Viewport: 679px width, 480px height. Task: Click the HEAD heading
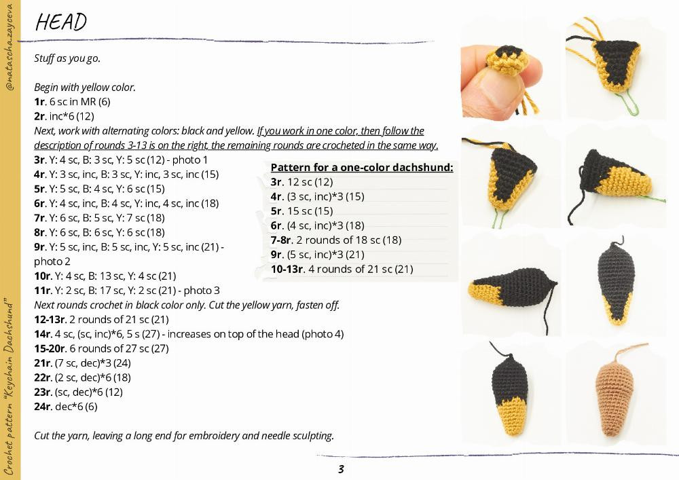pyautogui.click(x=61, y=22)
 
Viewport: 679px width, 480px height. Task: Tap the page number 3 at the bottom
pyautogui.click(x=341, y=469)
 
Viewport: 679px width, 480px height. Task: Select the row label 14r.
pyautogui.click(x=42, y=334)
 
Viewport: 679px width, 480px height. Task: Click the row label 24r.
pyautogui.click(x=42, y=407)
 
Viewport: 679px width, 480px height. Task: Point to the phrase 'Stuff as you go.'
pyautogui.click(x=67, y=58)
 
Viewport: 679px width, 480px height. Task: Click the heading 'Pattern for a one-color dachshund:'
pyautogui.click(x=361, y=168)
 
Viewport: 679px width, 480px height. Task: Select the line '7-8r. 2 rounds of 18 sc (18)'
pyautogui.click(x=335, y=240)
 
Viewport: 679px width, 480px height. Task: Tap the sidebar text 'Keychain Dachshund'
pyautogui.click(x=10, y=339)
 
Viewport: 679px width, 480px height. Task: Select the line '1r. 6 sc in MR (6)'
pyautogui.click(x=72, y=102)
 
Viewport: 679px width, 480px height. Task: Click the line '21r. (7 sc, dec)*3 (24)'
pyautogui.click(x=82, y=363)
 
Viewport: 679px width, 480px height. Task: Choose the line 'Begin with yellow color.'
pyautogui.click(x=85, y=88)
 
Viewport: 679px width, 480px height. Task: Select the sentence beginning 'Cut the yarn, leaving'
pyautogui.click(x=183, y=435)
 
